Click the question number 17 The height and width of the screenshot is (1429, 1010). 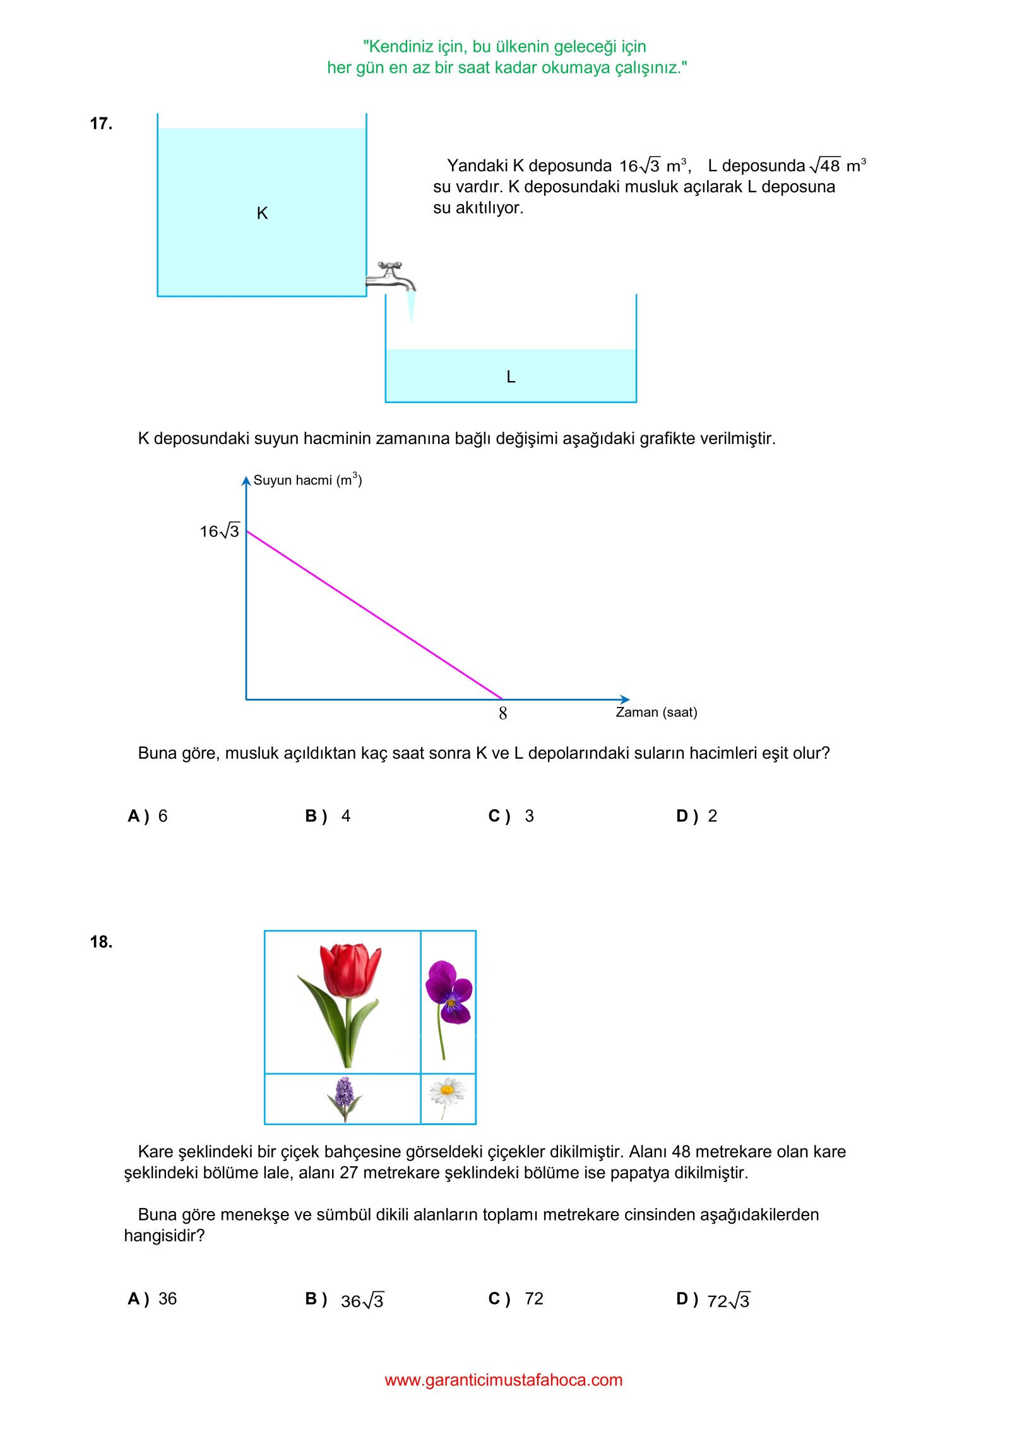tap(101, 123)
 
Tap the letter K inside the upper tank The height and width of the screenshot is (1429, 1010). tap(262, 214)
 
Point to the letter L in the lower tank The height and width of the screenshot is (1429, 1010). tap(511, 377)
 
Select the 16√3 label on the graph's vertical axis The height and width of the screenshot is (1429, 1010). tap(220, 531)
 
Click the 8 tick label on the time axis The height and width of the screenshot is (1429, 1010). tap(502, 713)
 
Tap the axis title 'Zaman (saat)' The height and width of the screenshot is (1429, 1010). tap(656, 712)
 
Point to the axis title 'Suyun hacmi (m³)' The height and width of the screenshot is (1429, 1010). tap(307, 480)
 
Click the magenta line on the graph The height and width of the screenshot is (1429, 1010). tap(374, 615)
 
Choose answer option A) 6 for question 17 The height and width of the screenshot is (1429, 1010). tap(148, 816)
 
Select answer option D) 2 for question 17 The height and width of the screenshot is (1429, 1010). tap(697, 816)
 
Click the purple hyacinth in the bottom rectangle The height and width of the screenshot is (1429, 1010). tap(344, 1098)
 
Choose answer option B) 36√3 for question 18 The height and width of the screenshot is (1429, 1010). tap(345, 1299)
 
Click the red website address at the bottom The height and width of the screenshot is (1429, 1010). tap(504, 1380)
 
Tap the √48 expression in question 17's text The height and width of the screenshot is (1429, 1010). tap(825, 166)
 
